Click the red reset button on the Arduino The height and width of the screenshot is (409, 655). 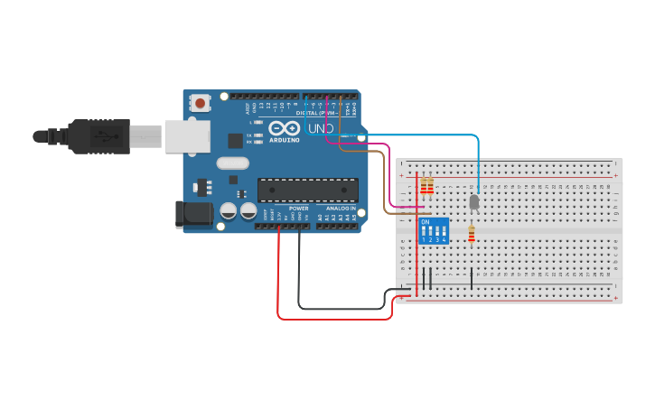(x=198, y=104)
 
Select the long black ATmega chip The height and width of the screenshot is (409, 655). (x=307, y=190)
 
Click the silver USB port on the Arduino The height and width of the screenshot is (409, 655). (x=186, y=136)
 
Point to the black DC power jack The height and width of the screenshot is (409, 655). (x=192, y=214)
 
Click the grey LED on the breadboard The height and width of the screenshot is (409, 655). (x=474, y=202)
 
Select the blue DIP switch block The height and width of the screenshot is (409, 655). (x=434, y=230)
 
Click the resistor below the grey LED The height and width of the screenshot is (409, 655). (x=471, y=235)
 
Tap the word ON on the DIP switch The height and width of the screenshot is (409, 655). (x=426, y=221)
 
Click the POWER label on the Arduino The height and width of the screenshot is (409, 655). (x=298, y=208)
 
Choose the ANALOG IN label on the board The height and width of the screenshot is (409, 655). (x=335, y=208)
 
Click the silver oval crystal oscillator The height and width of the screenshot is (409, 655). (x=232, y=164)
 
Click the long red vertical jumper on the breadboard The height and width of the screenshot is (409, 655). (x=416, y=235)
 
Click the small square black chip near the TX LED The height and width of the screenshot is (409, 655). (x=235, y=140)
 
